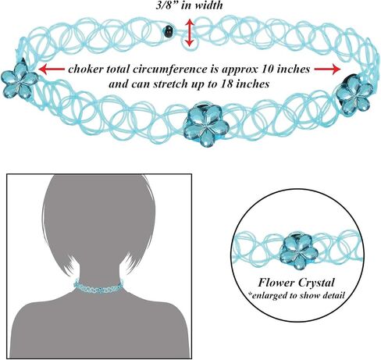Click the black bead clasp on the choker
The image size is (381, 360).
168,31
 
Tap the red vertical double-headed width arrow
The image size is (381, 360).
190,33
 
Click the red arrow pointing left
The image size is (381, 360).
52,70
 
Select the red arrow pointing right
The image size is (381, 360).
327,70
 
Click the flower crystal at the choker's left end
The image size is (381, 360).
19,80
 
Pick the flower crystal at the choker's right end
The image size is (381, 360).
354,94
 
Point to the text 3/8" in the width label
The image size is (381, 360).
167,5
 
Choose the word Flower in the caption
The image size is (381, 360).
276,283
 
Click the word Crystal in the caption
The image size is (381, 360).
316,283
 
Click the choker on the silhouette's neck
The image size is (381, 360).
98,287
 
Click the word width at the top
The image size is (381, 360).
209,5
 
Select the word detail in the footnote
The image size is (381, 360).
333,295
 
